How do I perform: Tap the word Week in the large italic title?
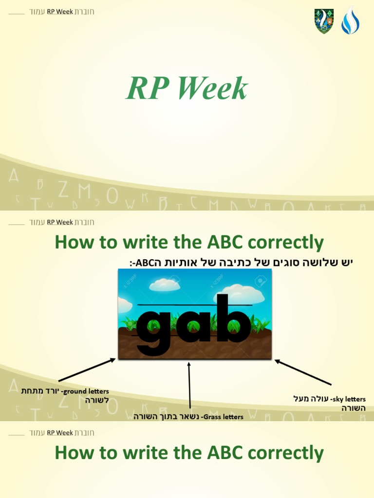tap(212, 89)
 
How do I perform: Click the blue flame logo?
tap(350, 20)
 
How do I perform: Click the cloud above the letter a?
tap(165, 285)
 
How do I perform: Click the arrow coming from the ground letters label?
tap(87, 371)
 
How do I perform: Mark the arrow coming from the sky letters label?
tap(303, 373)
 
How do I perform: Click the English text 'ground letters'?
tap(87, 391)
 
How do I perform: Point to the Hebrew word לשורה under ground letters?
tap(97, 400)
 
